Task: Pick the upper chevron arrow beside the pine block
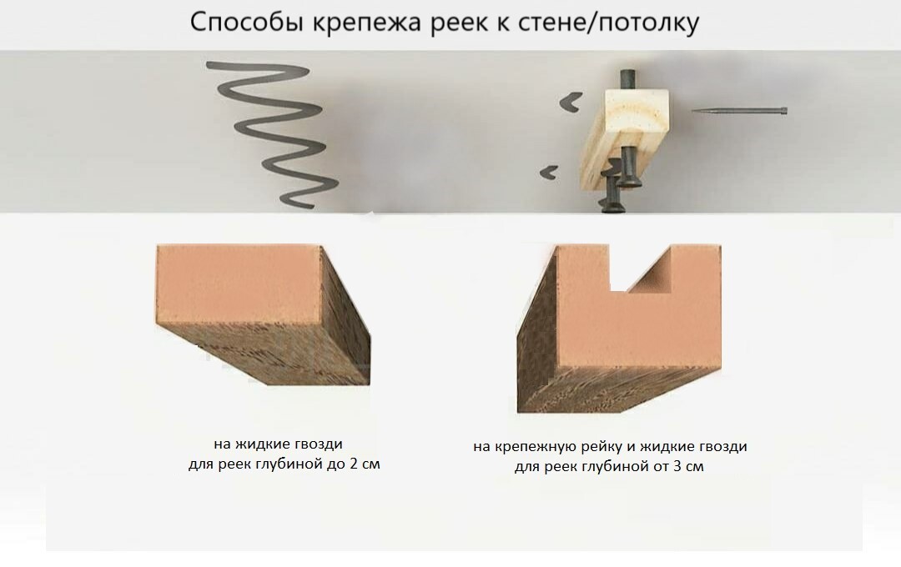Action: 571,102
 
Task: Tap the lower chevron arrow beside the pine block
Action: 548,172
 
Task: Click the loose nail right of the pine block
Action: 739,111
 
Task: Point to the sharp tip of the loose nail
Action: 692,111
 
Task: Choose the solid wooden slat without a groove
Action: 263,314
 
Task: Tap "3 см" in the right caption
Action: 687,466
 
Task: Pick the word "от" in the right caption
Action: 659,466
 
